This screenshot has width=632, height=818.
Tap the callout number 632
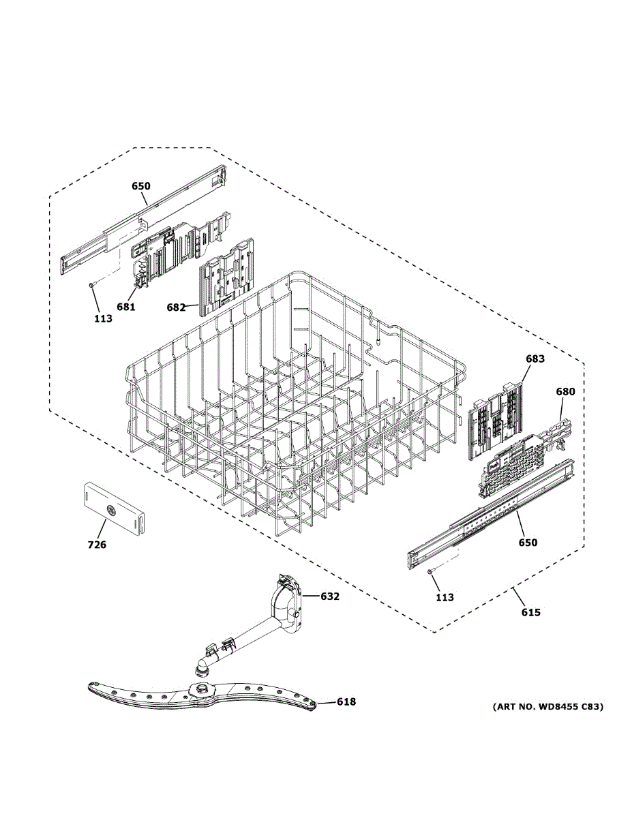330,596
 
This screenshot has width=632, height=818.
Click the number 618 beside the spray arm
346,701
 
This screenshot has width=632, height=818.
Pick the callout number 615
530,612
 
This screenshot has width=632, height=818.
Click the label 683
535,359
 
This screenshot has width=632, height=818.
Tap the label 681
125,307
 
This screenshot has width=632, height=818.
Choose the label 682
176,307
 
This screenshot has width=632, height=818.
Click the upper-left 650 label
141,185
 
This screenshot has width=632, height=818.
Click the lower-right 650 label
528,543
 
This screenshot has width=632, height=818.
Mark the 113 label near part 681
103,318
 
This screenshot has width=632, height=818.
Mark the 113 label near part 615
445,597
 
